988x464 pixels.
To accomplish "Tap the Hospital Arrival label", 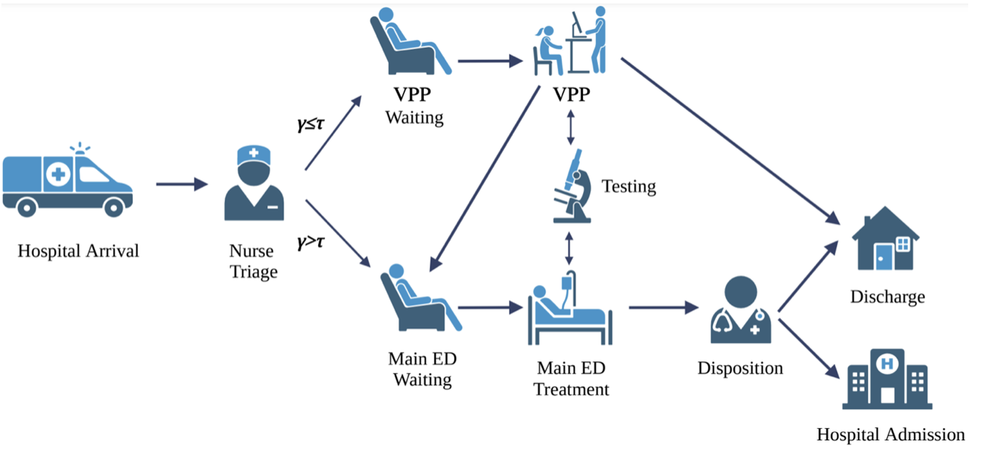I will click(x=78, y=251).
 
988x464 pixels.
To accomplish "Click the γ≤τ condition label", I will click(x=310, y=124).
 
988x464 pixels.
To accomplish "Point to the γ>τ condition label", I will click(x=311, y=243).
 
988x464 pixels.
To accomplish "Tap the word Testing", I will click(x=628, y=187).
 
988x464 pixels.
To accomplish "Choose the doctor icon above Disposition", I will click(x=740, y=308).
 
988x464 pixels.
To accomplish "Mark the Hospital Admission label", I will click(x=890, y=434).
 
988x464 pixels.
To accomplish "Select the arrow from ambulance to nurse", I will click(x=182, y=185).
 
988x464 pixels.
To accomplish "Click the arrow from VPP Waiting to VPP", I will click(x=488, y=61).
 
